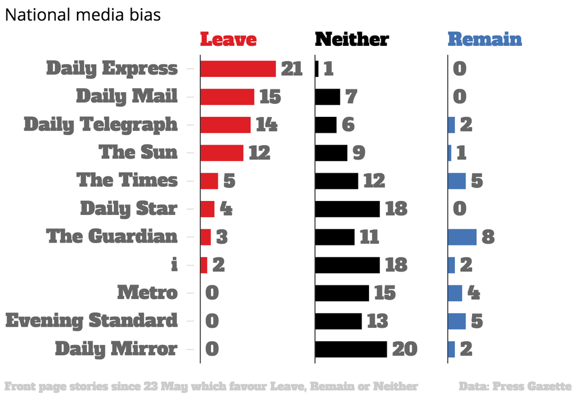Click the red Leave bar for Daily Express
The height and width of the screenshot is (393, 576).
[x=238, y=69]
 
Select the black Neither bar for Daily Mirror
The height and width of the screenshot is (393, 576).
[x=351, y=349]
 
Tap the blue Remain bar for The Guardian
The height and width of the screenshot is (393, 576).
[x=462, y=237]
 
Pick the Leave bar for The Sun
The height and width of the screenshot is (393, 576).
[x=222, y=153]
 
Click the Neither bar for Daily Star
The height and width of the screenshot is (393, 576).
[x=347, y=209]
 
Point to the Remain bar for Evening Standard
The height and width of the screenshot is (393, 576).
[x=457, y=321]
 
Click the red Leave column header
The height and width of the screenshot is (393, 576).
[x=228, y=39]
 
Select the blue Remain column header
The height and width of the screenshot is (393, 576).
[x=484, y=39]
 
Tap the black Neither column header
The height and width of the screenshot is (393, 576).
[x=351, y=39]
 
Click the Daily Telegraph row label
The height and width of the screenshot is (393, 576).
[x=101, y=125]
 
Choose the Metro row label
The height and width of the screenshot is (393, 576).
[x=147, y=293]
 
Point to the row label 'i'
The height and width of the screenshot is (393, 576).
[x=173, y=264]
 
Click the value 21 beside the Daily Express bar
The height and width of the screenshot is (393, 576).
[x=292, y=69]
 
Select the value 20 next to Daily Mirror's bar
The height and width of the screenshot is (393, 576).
[x=404, y=349]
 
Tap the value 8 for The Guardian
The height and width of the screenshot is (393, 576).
[x=488, y=237]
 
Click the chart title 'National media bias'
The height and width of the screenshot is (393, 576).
[x=83, y=15]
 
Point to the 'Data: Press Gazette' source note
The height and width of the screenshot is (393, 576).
[x=515, y=386]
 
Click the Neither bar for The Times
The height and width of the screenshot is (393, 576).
[x=337, y=181]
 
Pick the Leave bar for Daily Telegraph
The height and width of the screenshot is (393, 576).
[x=225, y=125]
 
